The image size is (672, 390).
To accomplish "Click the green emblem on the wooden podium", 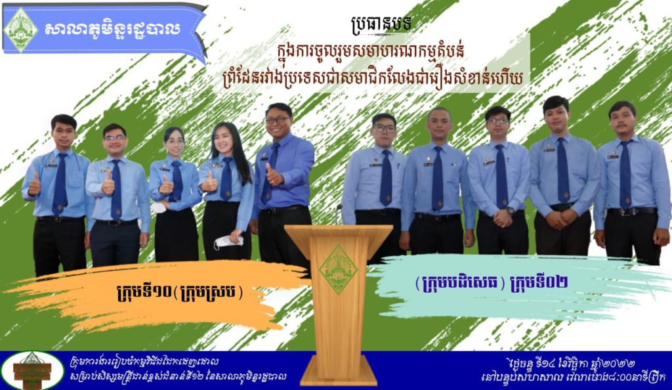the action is [338, 270].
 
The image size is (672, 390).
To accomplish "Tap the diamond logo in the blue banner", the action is [20, 29].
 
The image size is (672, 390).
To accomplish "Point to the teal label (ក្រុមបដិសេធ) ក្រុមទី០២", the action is [492, 282].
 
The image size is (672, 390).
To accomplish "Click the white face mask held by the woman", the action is [228, 242].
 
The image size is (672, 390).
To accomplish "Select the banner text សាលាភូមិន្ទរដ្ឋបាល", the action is [112, 29].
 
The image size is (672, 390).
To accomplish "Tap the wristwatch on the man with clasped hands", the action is [509, 210].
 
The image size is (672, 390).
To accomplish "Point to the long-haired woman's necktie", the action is [226, 179].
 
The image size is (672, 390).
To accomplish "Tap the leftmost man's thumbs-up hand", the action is [34, 186].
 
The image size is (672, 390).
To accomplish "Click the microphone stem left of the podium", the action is [339, 213].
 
